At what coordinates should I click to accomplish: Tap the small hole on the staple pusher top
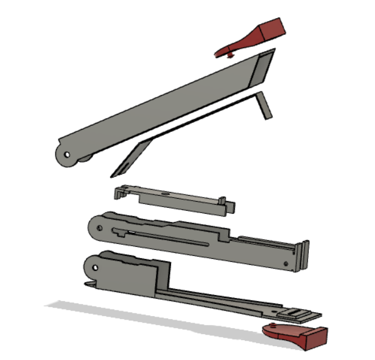[x=165, y=194]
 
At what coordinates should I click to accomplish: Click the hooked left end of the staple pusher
[x=119, y=193]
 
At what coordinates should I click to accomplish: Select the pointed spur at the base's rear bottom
[x=88, y=284]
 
